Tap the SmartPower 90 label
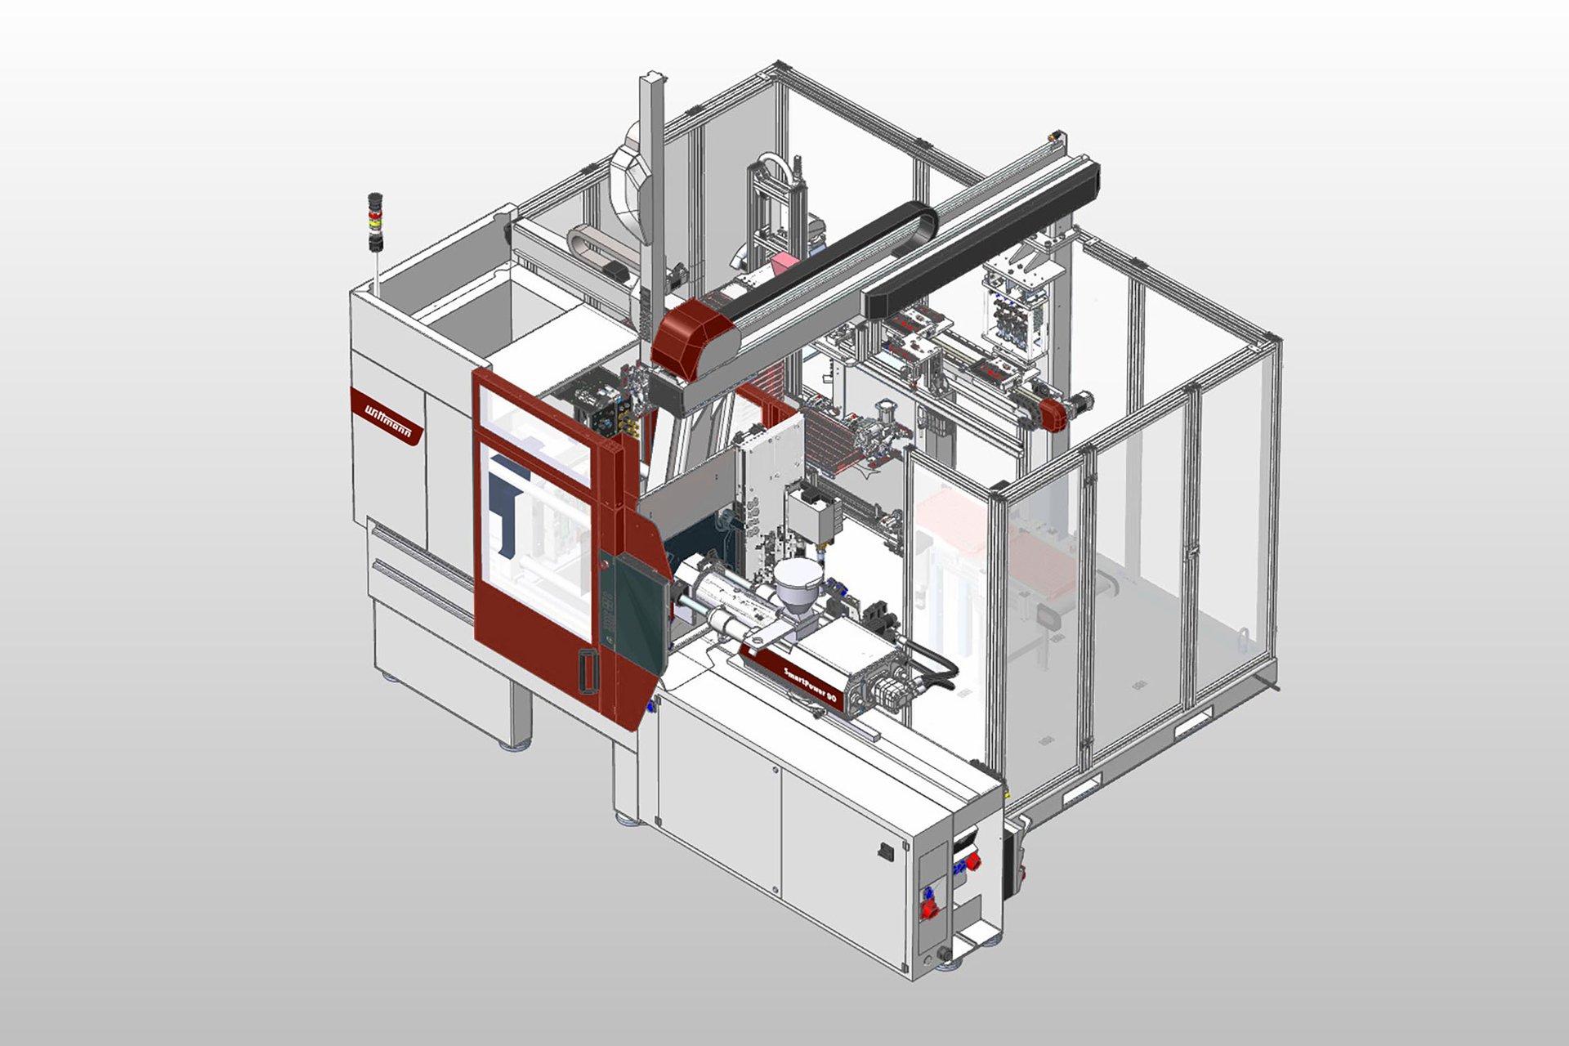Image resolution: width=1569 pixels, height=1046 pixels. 810,685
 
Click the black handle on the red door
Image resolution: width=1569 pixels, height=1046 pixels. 587,671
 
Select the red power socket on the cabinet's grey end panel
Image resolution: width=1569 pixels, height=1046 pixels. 930,907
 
